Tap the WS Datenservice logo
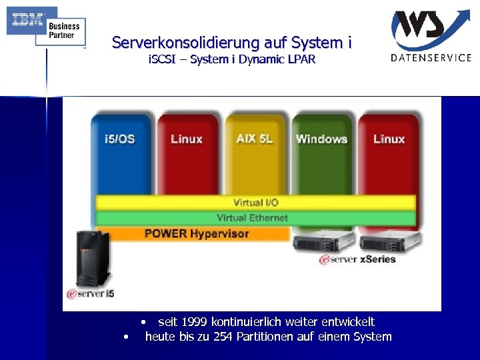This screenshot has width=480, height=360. coord(431,35)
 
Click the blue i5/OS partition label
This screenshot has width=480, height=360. coord(119,139)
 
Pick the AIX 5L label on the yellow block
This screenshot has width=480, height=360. coord(254,139)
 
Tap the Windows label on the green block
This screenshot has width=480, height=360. coord(321,139)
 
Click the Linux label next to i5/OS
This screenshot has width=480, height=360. coord(186,139)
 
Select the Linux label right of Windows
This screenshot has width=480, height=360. coord(389,139)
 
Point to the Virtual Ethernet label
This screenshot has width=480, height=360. coord(252,218)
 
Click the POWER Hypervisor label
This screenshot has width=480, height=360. coord(196,233)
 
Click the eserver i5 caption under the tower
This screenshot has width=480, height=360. coord(91,293)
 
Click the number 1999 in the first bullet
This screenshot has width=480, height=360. coord(195,322)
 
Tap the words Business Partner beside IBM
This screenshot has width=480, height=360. coord(64,30)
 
